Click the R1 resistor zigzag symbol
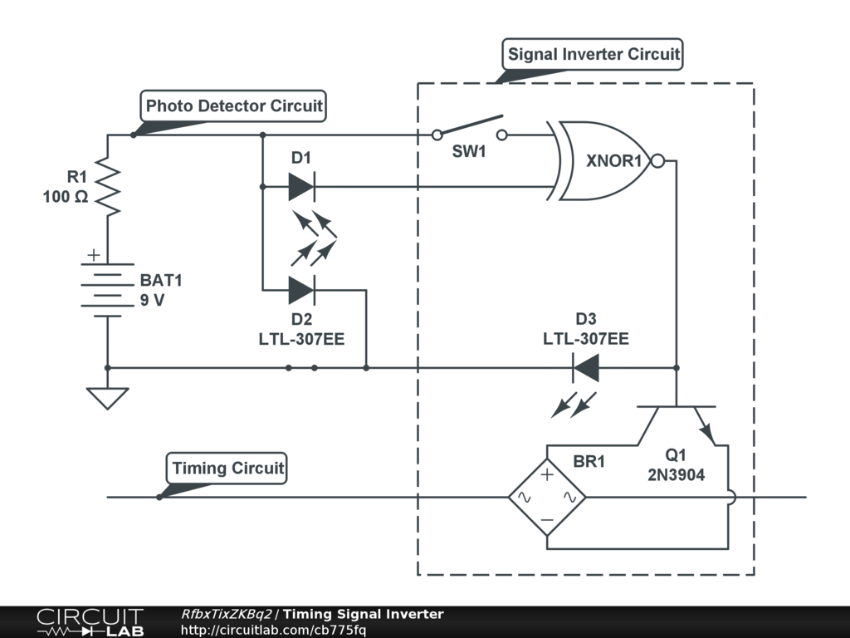click(x=108, y=188)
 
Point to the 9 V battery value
click(x=152, y=300)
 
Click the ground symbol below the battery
click(x=108, y=398)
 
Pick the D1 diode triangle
click(x=300, y=187)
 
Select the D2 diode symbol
click(x=300, y=290)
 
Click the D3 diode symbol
click(x=586, y=367)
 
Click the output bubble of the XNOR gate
click(x=657, y=161)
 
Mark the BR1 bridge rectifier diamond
click(x=547, y=498)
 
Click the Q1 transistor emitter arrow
click(x=706, y=429)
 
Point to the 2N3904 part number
click(x=677, y=476)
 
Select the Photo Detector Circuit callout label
click(x=234, y=106)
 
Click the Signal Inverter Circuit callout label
click(x=594, y=55)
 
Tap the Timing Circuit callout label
click(x=227, y=468)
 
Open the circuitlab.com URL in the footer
click(x=273, y=630)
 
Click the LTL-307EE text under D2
click(x=301, y=339)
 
